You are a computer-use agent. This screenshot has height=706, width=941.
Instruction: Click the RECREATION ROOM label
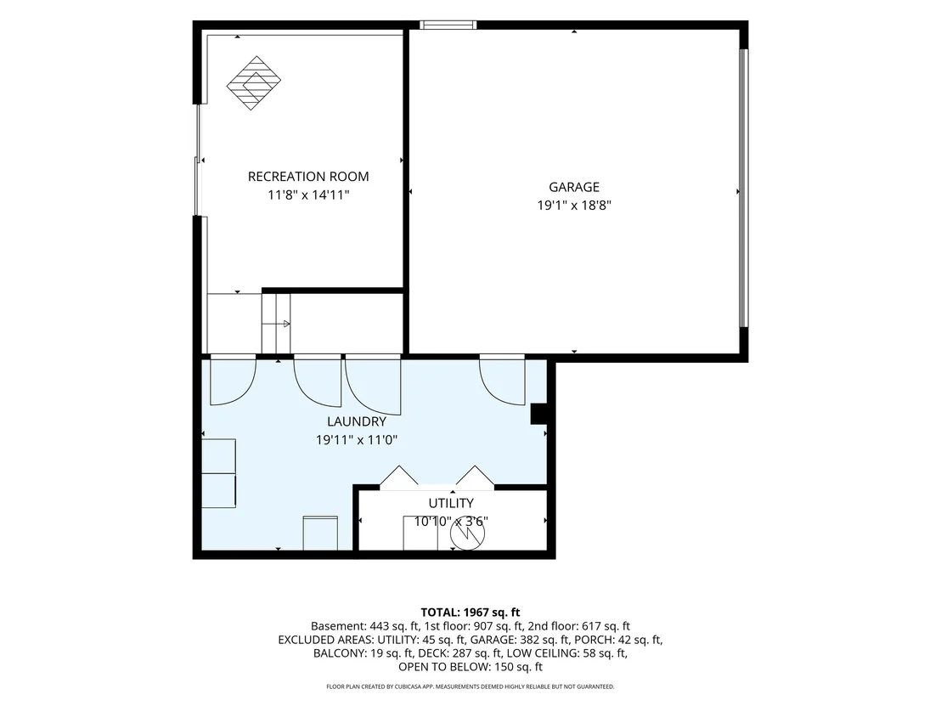(308, 177)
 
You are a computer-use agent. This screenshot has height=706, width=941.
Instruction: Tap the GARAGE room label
(574, 187)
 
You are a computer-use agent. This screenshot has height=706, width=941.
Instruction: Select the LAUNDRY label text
(357, 421)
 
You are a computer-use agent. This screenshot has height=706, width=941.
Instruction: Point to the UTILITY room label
(451, 503)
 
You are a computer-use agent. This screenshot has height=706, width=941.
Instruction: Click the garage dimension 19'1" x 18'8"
(574, 206)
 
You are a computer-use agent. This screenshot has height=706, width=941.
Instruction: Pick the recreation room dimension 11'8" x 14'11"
(308, 195)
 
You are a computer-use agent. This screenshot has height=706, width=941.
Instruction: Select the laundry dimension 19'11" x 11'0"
(357, 440)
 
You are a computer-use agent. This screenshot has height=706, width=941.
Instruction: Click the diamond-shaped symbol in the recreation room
(254, 83)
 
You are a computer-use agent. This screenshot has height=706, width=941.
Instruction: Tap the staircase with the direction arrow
(276, 324)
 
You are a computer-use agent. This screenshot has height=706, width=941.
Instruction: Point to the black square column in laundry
(538, 415)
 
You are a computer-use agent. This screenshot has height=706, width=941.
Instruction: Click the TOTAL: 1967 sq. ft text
(470, 613)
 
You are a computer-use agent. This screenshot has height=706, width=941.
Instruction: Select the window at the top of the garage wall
(448, 25)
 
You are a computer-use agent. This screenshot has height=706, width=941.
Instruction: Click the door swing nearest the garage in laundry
(503, 380)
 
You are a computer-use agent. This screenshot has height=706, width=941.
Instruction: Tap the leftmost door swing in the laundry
(233, 380)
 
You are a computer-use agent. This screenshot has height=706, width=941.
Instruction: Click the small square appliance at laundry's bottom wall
(320, 533)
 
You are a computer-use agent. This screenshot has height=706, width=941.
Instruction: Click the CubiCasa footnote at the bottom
(470, 686)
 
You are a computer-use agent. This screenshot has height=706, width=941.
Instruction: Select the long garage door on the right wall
(744, 187)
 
